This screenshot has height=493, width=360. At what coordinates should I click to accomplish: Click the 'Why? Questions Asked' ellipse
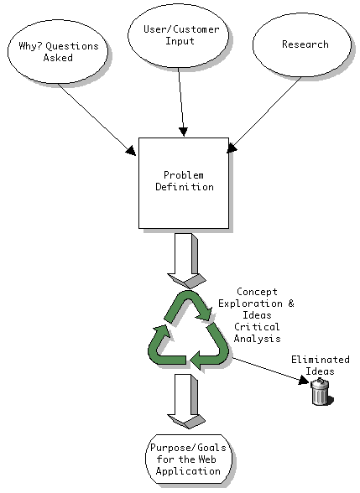click(x=58, y=52)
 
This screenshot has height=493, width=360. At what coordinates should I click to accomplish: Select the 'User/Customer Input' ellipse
click(x=179, y=35)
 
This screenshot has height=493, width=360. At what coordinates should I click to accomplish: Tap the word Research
click(x=305, y=44)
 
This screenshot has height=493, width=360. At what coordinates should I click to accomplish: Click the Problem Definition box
click(x=184, y=183)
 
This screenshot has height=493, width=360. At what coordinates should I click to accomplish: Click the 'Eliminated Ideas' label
click(x=321, y=366)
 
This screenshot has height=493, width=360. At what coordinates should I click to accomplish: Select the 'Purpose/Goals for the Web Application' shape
click(x=189, y=459)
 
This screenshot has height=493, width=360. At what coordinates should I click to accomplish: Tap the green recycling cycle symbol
click(x=188, y=330)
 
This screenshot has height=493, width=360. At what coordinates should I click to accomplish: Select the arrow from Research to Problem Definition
click(x=264, y=115)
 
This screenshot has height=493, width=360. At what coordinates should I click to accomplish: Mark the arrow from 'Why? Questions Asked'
click(x=97, y=119)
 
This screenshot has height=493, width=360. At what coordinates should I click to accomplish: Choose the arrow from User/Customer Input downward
click(x=181, y=102)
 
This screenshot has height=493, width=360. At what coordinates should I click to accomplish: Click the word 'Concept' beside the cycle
click(x=257, y=292)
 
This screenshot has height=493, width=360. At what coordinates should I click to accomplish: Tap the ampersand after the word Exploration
click(x=290, y=304)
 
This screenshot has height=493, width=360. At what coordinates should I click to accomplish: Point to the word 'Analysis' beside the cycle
click(x=257, y=339)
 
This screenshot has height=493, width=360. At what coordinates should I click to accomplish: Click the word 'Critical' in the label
click(x=257, y=327)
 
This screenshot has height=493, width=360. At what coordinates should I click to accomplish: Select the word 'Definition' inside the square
click(x=185, y=187)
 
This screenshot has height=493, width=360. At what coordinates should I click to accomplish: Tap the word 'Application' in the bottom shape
click(x=188, y=471)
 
